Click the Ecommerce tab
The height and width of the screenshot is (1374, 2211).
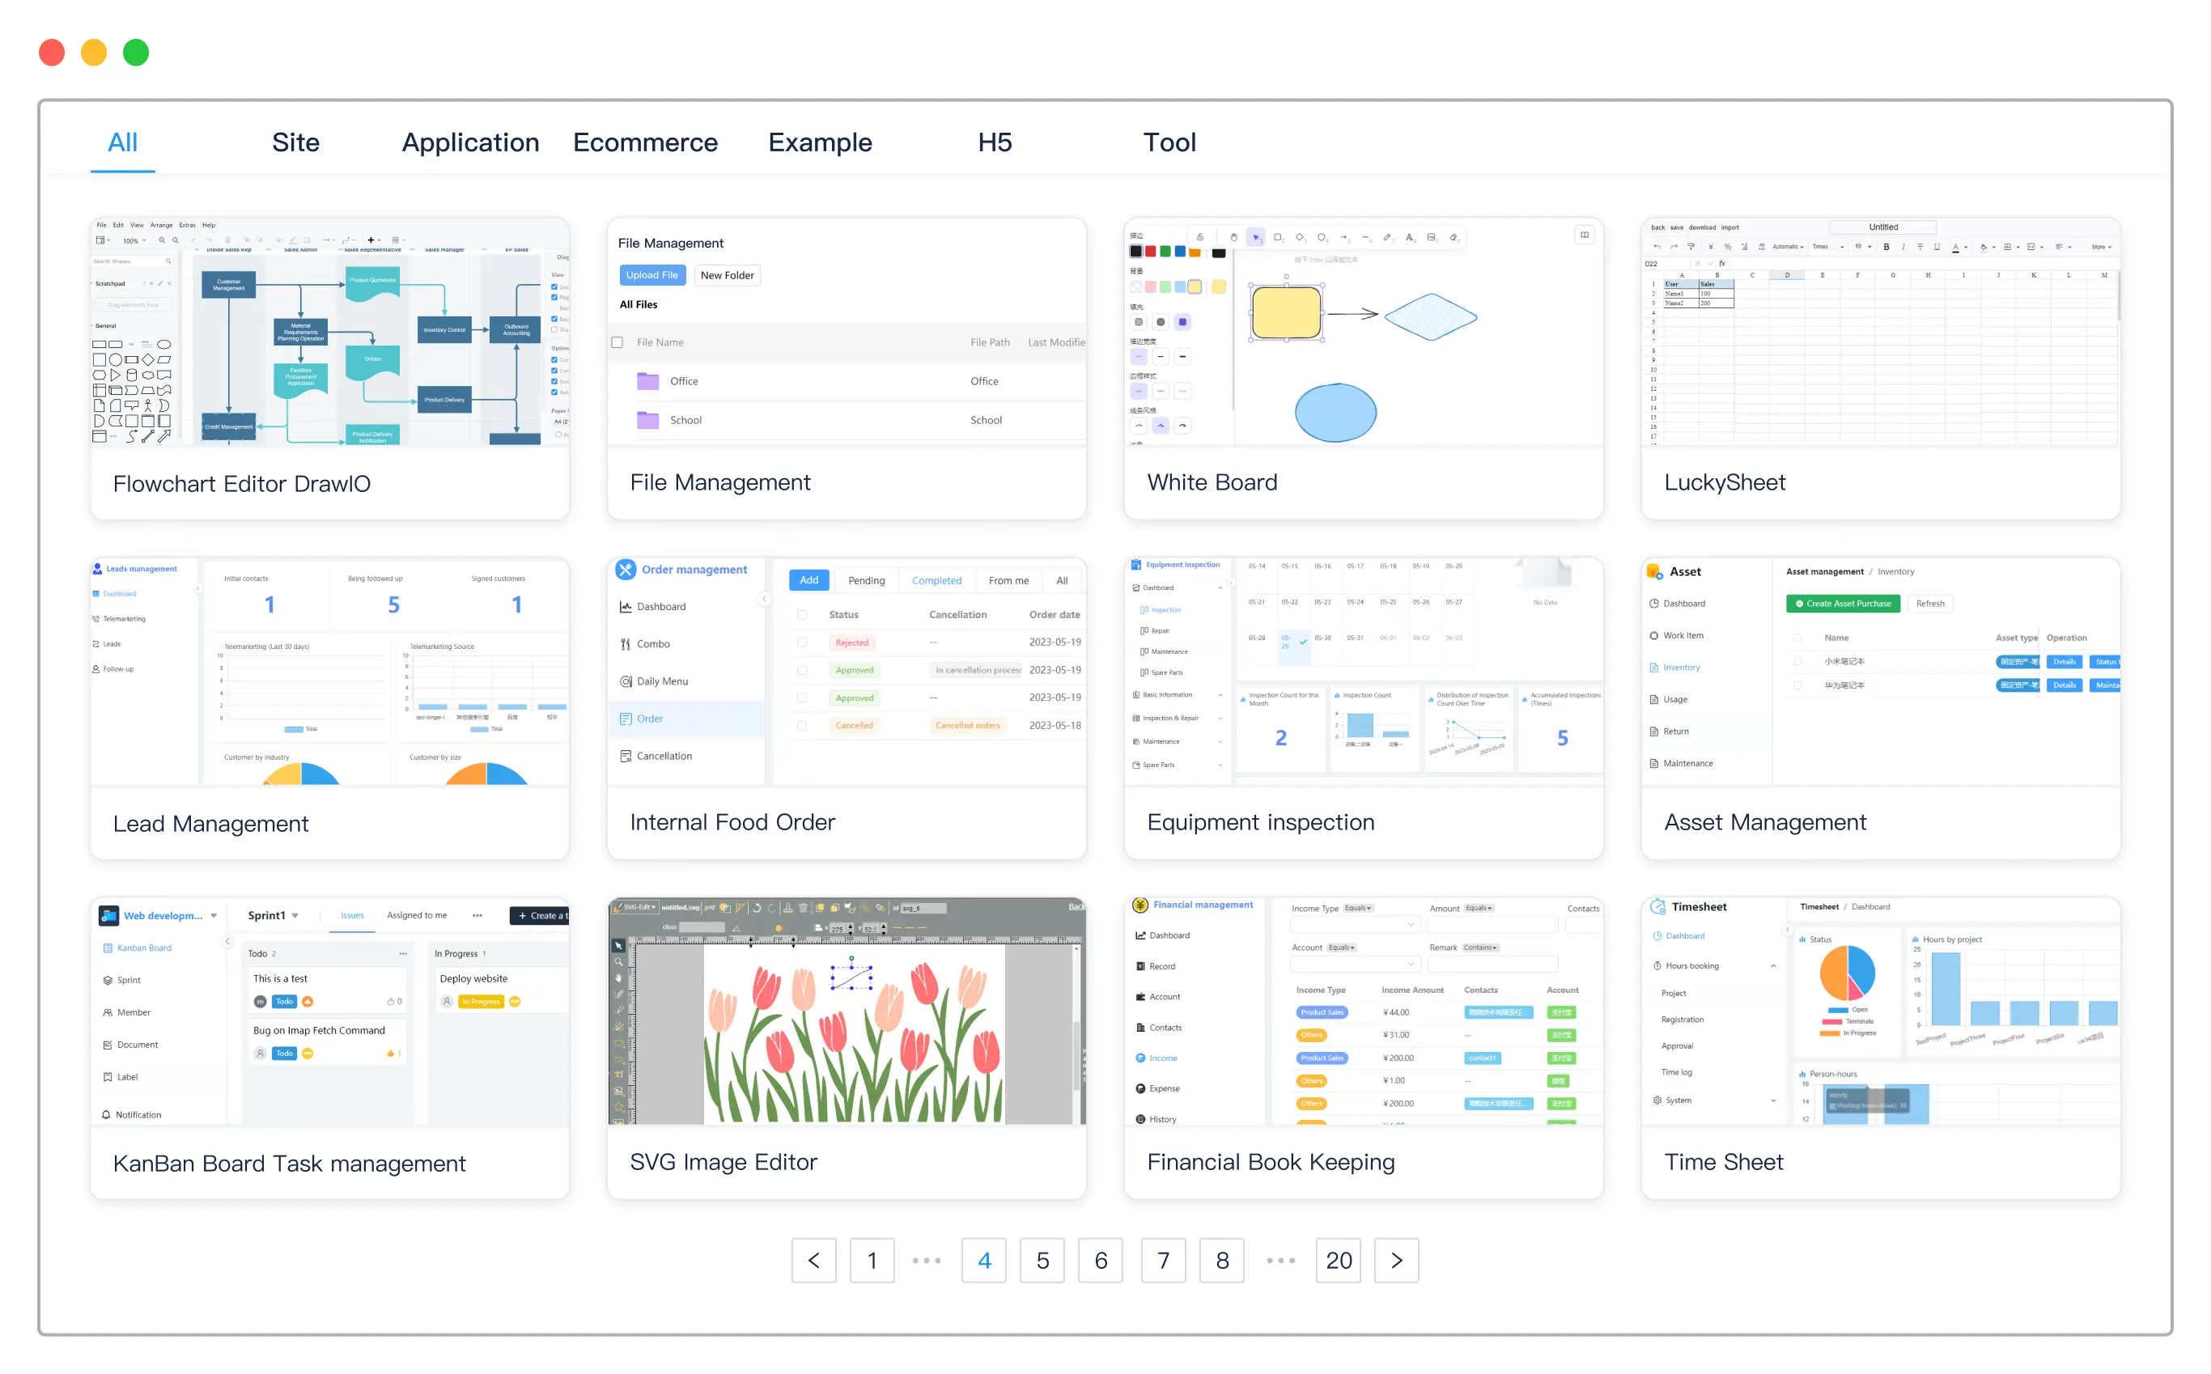[x=644, y=142]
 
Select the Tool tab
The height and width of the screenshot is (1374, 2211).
[x=1169, y=142]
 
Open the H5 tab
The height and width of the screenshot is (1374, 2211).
[x=994, y=142]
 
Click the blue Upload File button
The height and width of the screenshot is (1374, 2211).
[x=651, y=275]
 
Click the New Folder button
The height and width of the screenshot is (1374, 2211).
[x=727, y=275]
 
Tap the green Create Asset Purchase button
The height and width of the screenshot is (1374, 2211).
[x=1842, y=604]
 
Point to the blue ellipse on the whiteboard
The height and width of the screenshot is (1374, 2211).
[x=1335, y=413]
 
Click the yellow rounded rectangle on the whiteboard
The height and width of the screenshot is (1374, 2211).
[x=1286, y=312]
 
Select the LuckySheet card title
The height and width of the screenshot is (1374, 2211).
[x=1724, y=482]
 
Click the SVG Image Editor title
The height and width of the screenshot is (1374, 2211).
[x=724, y=1161]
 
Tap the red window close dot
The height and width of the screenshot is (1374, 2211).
[x=52, y=53]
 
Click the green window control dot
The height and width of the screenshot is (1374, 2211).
[x=136, y=53]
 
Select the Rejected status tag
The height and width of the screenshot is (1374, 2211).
[x=851, y=642]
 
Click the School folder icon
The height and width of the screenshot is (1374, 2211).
[x=648, y=420]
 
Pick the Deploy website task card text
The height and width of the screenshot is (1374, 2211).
[x=473, y=978]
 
